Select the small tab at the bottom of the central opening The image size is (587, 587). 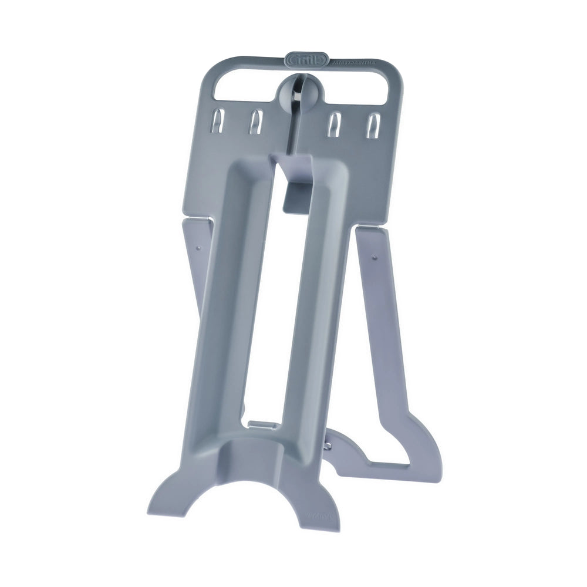pyautogui.click(x=261, y=422)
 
